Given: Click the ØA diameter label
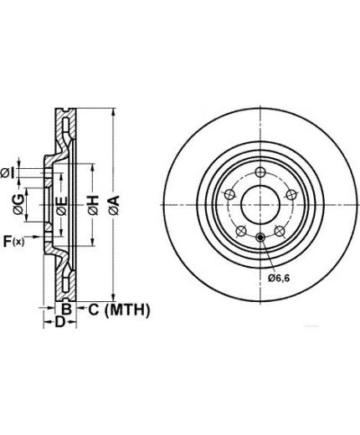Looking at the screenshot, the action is click(114, 205).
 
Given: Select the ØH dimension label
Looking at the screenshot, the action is click(93, 205).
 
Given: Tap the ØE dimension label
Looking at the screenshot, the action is click(62, 206).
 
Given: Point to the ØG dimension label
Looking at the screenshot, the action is click(18, 205).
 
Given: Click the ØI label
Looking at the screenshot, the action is click(8, 173).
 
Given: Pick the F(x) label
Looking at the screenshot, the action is click(13, 241).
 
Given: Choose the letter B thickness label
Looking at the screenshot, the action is click(66, 309).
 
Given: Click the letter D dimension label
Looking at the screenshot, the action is click(59, 322).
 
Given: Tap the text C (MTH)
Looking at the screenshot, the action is click(119, 310).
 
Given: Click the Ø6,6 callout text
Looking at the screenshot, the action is click(279, 278).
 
